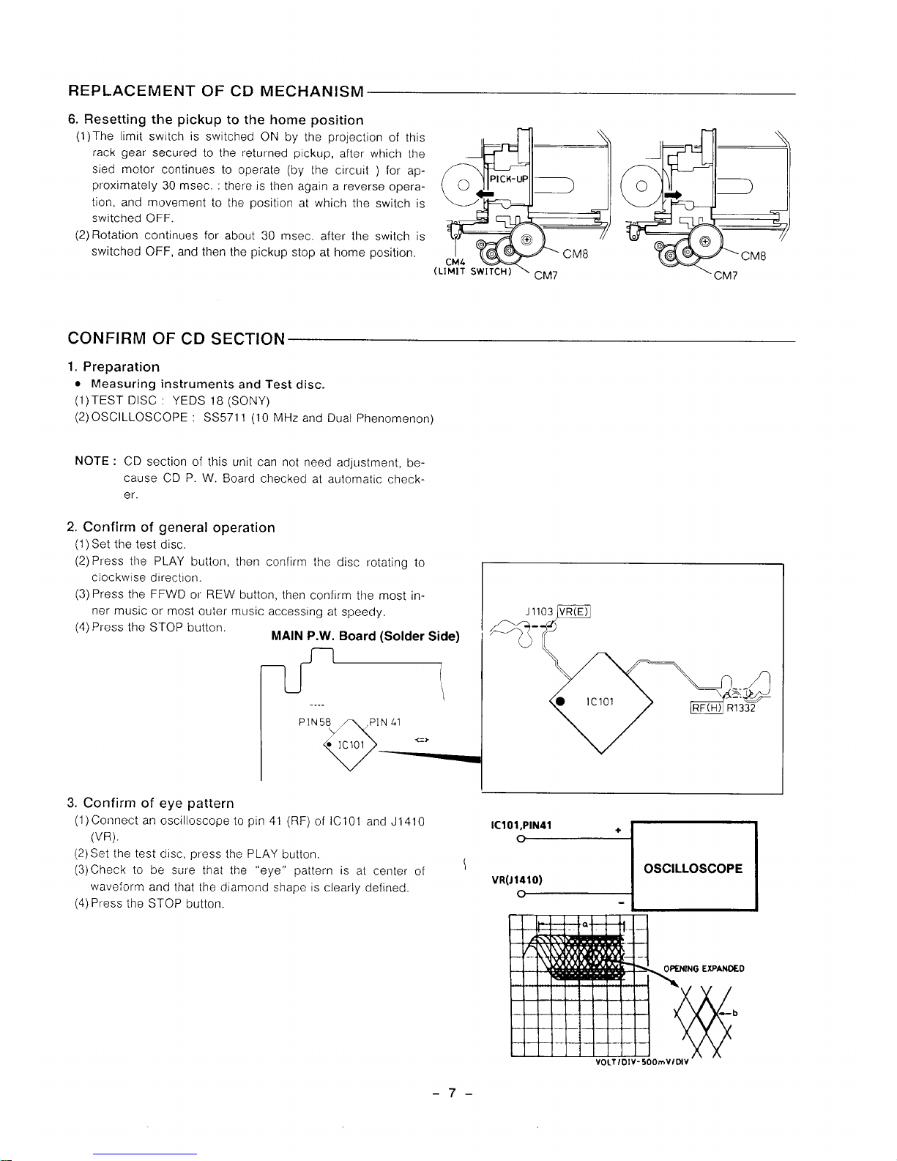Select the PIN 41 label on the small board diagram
(384, 722)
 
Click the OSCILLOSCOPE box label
(693, 869)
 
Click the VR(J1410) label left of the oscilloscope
(516, 880)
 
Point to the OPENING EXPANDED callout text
(703, 968)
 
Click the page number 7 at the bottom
(453, 1094)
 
